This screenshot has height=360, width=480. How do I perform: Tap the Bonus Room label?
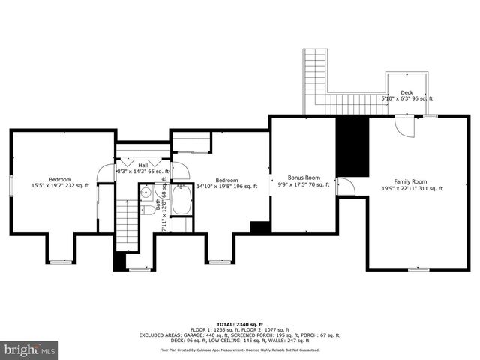(x=304, y=178)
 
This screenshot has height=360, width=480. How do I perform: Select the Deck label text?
(x=406, y=92)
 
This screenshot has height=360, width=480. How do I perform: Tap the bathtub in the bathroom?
(x=181, y=201)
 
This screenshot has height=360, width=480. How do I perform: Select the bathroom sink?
(x=148, y=208)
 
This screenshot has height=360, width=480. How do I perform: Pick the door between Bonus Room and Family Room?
(x=345, y=186)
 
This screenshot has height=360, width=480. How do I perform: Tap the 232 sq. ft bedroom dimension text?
(x=60, y=186)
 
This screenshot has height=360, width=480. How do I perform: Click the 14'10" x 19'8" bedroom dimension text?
(x=226, y=187)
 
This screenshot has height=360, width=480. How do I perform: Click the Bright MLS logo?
(x=29, y=349)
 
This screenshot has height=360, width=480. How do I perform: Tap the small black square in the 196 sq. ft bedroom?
(x=259, y=227)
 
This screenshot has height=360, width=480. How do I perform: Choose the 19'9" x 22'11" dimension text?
(x=410, y=188)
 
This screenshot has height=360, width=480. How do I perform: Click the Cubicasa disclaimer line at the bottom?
(x=239, y=349)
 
